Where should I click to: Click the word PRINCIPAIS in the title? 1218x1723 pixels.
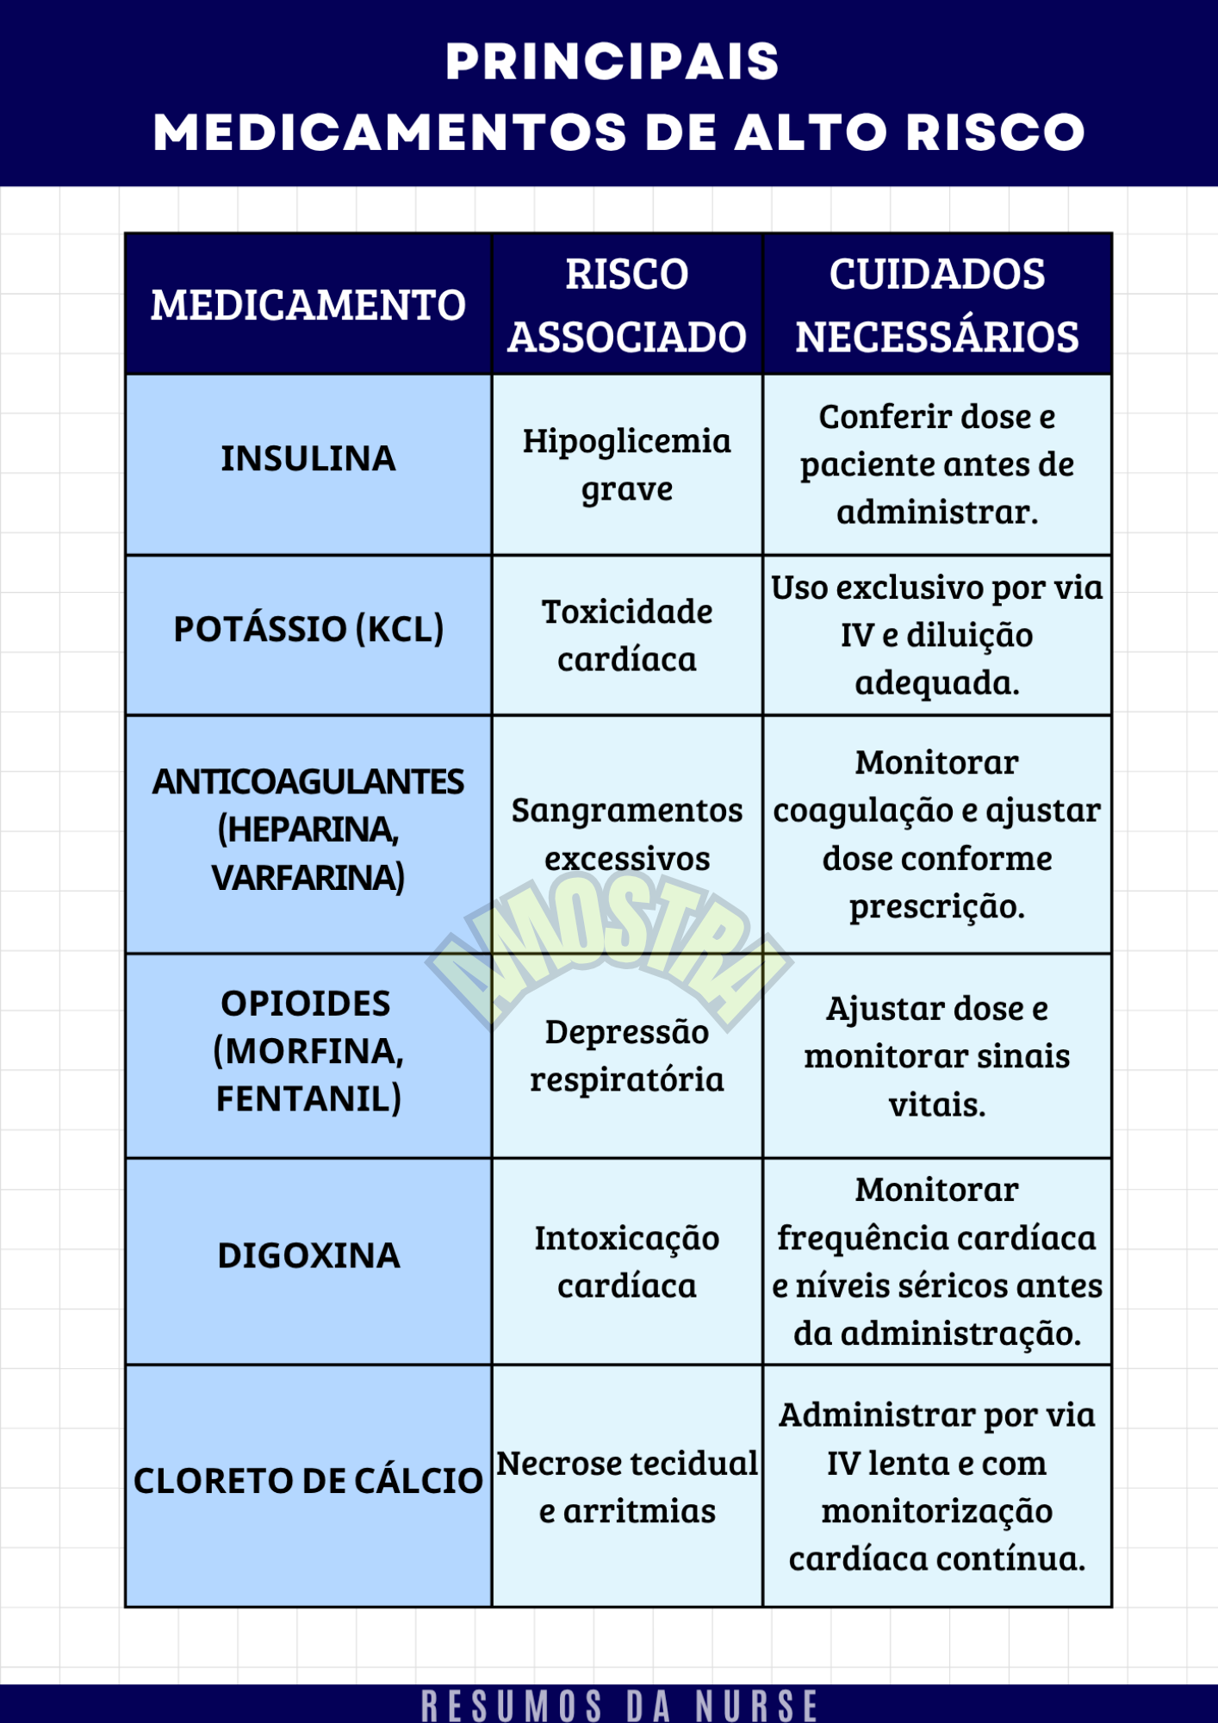[612, 62]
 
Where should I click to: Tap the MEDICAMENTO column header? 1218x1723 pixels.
[308, 305]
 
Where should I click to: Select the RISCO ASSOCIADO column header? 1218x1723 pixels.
[626, 305]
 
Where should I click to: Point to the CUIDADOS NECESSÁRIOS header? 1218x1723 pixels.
[936, 305]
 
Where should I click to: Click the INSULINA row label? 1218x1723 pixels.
[308, 458]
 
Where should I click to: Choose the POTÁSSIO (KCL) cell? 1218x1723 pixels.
[308, 629]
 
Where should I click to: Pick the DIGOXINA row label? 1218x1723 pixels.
[308, 1255]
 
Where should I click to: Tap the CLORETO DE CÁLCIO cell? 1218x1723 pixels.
[308, 1481]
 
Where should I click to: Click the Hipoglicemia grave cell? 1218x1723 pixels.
[626, 464]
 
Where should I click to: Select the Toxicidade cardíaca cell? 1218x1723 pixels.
[626, 635]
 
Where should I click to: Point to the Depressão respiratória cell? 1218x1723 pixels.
[626, 1055]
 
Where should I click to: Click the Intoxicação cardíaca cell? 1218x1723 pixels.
[626, 1261]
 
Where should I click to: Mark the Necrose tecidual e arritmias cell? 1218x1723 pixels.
[626, 1487]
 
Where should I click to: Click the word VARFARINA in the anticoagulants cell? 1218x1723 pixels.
[308, 877]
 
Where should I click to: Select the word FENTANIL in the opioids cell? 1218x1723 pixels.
[308, 1098]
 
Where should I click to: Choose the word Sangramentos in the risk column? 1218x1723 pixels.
[626, 811]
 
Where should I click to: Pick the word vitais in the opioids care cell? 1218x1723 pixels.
[936, 1104]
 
